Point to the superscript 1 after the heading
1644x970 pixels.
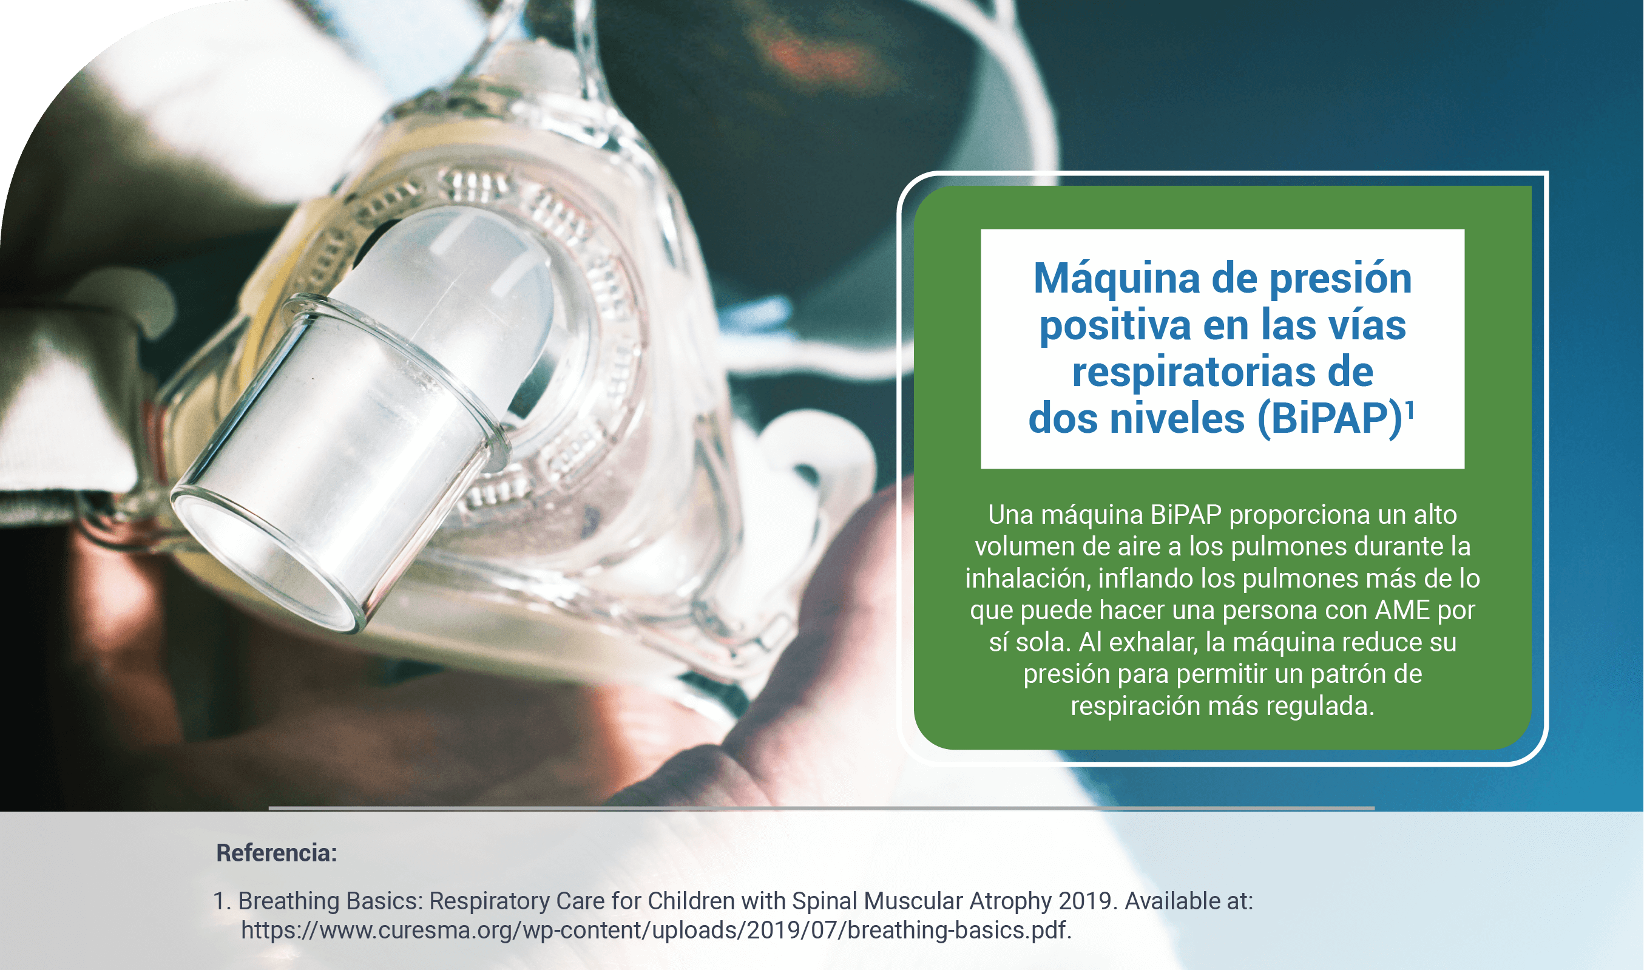pyautogui.click(x=1410, y=410)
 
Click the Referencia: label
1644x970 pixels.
pyautogui.click(x=276, y=853)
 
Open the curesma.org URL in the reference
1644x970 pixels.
pyautogui.click(x=656, y=930)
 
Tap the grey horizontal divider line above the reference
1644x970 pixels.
pyautogui.click(x=821, y=809)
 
